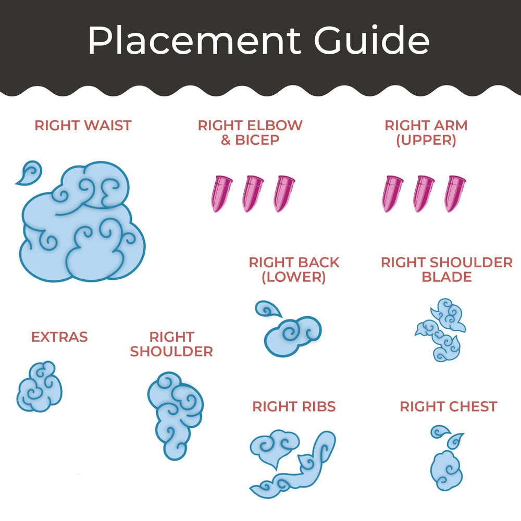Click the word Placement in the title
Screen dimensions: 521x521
(x=194, y=41)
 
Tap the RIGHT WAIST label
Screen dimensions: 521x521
(x=83, y=126)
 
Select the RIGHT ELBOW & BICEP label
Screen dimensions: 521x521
(x=250, y=132)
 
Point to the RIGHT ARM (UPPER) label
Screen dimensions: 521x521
(x=426, y=132)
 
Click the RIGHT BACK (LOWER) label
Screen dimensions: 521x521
(x=294, y=270)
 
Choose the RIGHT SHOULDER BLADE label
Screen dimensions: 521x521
(x=446, y=269)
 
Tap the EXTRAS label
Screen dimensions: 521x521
(x=59, y=337)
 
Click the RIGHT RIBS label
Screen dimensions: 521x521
(x=294, y=406)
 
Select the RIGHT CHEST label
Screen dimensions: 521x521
(x=449, y=406)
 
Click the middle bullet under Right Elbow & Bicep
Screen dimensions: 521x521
(x=253, y=194)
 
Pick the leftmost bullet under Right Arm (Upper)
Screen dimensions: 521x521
(x=392, y=194)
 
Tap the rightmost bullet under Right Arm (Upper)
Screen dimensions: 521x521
(x=455, y=194)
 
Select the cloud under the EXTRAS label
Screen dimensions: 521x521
(x=40, y=387)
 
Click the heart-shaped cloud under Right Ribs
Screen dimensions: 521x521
(x=275, y=448)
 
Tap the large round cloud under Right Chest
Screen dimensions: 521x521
(x=446, y=470)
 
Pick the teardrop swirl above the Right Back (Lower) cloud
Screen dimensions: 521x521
(x=267, y=309)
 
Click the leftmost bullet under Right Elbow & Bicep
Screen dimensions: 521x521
(x=221, y=194)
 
